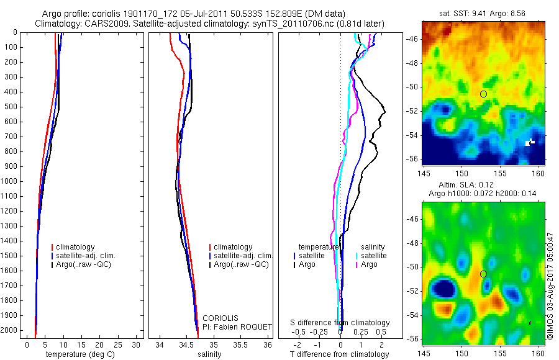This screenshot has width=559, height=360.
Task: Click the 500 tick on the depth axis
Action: (x=11, y=107)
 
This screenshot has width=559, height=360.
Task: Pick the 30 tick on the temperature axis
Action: (x=132, y=345)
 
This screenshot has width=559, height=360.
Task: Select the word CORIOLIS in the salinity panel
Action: (x=225, y=318)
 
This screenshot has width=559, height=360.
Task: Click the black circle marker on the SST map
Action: (x=483, y=94)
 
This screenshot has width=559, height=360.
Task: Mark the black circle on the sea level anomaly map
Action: (x=483, y=274)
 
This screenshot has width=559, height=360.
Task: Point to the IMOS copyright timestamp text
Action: (x=549, y=285)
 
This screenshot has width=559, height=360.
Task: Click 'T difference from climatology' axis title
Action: (x=340, y=354)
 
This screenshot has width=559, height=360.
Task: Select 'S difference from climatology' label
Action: (x=340, y=323)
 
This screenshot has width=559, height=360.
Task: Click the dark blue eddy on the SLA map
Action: (x=443, y=288)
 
